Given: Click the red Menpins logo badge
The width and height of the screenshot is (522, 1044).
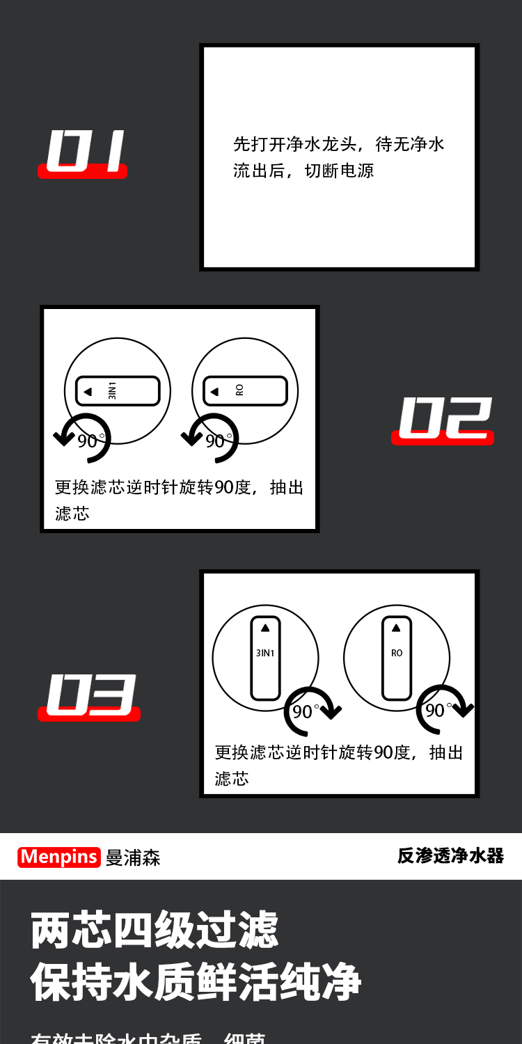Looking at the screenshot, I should (59, 857).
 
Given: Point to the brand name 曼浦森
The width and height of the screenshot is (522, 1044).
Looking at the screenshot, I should (133, 857).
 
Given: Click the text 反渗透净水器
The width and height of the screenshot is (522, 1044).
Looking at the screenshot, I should (450, 855).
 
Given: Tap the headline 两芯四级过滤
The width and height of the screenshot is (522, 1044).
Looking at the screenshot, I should (155, 930).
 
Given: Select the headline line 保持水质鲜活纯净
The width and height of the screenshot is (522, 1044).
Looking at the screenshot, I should (196, 982).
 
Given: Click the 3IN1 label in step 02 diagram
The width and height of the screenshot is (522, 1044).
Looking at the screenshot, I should (113, 391).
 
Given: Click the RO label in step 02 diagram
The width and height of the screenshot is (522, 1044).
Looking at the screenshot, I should (240, 391).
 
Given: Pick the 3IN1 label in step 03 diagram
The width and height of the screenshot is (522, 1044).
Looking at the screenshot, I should (265, 653).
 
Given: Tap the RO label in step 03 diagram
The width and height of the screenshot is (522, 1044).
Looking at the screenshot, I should (397, 653).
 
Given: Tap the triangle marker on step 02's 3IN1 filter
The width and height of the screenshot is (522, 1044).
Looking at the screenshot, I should (88, 391).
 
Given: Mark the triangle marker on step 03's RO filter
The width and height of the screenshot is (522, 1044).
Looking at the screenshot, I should (397, 627).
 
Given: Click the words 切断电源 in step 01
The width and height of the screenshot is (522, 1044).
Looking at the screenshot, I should (340, 171).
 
